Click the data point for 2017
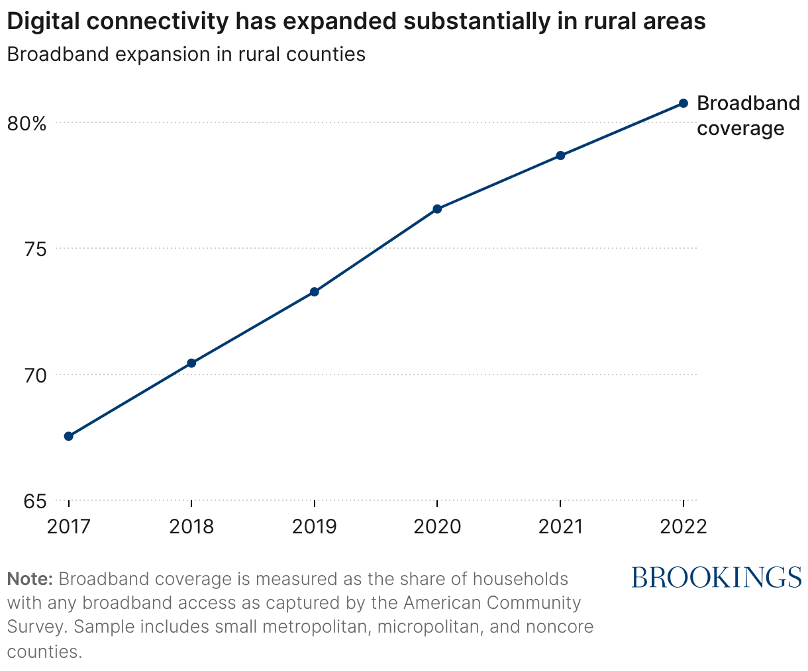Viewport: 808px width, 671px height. [68, 436]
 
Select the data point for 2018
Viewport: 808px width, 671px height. [191, 363]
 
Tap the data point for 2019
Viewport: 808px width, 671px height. [315, 292]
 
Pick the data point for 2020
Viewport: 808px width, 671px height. [437, 209]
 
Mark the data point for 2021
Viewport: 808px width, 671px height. [560, 156]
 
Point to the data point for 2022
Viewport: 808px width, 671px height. [683, 103]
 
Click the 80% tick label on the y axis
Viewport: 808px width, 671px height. [26, 123]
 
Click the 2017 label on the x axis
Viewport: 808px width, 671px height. [68, 527]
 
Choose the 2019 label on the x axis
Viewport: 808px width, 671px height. [315, 527]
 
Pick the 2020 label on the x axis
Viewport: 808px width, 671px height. [437, 527]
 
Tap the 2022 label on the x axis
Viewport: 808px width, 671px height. [683, 527]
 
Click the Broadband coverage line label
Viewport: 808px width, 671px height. [748, 116]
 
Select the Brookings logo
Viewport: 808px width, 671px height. [717, 577]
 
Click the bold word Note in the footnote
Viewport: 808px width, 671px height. [30, 579]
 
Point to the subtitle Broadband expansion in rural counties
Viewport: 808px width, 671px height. [186, 54]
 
